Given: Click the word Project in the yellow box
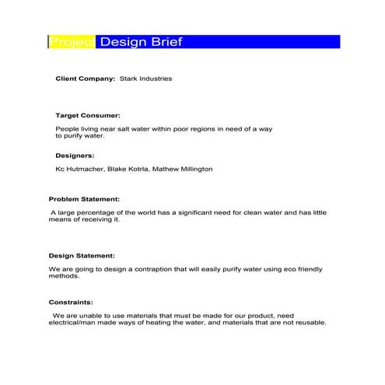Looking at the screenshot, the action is [72, 42].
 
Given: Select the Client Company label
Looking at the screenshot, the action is [86, 79].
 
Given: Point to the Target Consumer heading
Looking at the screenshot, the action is [88, 115].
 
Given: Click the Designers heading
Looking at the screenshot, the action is [75, 156].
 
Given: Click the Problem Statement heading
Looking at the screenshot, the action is [84, 199].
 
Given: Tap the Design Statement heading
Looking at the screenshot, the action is [82, 255].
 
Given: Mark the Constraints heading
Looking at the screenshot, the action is [71, 302].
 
